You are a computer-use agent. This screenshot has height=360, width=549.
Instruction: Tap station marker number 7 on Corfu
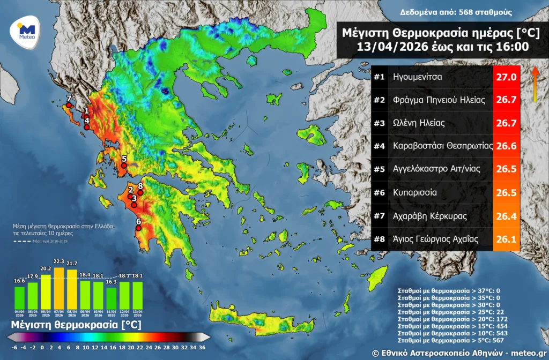(x=69, y=105)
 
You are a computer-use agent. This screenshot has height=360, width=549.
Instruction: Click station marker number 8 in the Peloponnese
(x=140, y=192)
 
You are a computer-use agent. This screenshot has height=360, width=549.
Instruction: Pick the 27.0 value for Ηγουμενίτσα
(x=506, y=77)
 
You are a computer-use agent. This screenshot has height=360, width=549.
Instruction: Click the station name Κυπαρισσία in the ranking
(x=414, y=192)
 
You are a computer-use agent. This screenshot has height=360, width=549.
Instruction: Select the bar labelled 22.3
(x=59, y=284)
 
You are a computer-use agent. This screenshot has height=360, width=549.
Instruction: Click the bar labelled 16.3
(x=111, y=295)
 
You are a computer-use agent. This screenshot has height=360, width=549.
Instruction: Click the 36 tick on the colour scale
(x=202, y=347)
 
